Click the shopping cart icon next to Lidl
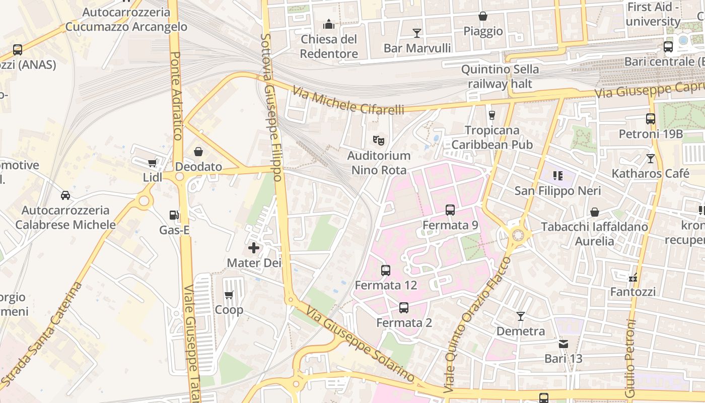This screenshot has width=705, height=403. (x=152, y=163)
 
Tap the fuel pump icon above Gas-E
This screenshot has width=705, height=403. (x=174, y=215)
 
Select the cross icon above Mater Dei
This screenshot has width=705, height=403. (x=254, y=248)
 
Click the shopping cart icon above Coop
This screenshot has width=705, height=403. (x=229, y=295)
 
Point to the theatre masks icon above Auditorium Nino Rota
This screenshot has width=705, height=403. (x=379, y=140)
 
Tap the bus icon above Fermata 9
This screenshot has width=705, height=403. (x=450, y=210)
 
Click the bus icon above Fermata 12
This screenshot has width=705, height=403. (x=386, y=271)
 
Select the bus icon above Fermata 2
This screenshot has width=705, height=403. (x=404, y=308)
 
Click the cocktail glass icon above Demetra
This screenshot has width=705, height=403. (x=521, y=316)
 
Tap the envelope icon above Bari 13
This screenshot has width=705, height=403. (x=563, y=344)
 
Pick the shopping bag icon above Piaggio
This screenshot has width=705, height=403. (x=483, y=16)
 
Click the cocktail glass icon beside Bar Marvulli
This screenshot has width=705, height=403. (x=417, y=33)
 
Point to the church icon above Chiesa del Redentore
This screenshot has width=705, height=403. (x=329, y=24)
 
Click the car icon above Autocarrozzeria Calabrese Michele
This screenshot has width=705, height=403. (x=65, y=195)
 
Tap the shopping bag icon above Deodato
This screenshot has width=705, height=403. (x=198, y=152)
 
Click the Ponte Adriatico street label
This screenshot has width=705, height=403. (x=176, y=96)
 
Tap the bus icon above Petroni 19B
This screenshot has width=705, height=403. (x=651, y=119)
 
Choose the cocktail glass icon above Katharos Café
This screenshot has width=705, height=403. (x=651, y=159)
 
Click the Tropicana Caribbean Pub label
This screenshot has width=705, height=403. (x=492, y=138)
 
